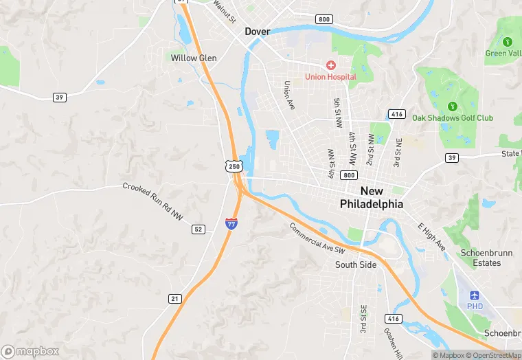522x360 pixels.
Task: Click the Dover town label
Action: (258, 32)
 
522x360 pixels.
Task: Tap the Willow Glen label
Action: (194, 58)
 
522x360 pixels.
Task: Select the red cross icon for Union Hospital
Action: (330, 65)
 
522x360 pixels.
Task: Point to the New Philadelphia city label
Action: (372, 197)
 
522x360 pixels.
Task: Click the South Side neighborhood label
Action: (356, 265)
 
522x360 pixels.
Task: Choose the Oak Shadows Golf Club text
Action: (452, 118)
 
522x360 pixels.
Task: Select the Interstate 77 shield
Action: (232, 223)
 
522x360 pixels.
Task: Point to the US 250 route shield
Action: (235, 167)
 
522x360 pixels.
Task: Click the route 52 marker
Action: (198, 229)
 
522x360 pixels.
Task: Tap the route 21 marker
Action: (175, 298)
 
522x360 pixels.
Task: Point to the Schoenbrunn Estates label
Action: (486, 258)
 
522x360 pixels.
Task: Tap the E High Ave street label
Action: (431, 236)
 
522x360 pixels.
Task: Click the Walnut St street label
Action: (225, 10)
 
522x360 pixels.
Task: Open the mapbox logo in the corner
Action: (31, 351)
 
